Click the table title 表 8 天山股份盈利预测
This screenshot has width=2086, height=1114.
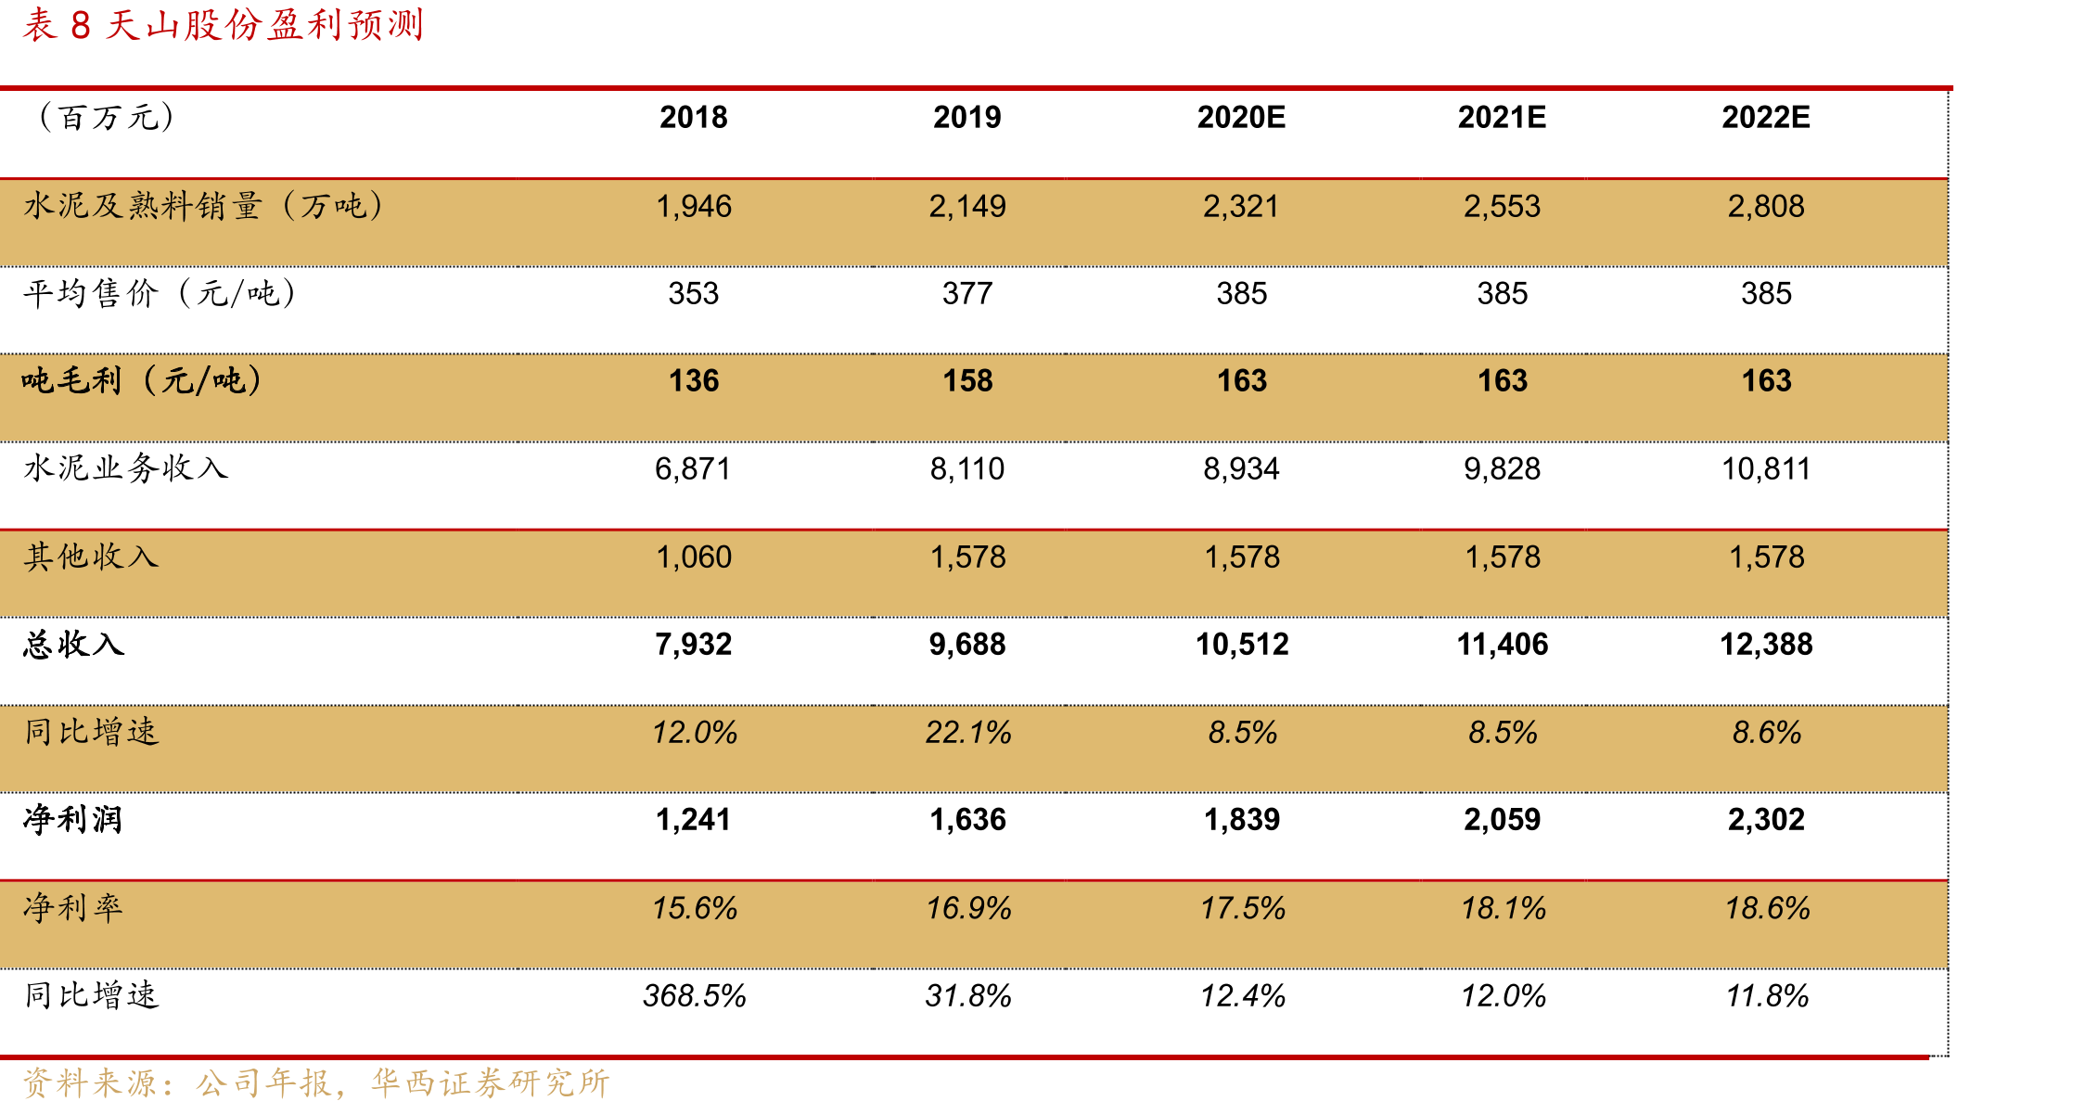(223, 25)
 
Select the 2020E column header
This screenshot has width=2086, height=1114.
(1241, 118)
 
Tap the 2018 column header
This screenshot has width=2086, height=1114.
(693, 118)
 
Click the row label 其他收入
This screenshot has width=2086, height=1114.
(91, 557)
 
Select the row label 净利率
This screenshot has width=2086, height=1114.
(73, 907)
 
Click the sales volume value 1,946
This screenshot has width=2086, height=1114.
(693, 206)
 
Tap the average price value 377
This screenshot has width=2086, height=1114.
(967, 294)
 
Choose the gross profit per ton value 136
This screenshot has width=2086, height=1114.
(693, 381)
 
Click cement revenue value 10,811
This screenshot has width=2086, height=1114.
(1766, 469)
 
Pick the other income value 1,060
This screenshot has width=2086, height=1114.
(693, 557)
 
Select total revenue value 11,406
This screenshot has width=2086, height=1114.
(1502, 645)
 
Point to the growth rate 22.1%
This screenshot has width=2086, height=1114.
(967, 733)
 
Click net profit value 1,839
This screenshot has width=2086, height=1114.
(1241, 820)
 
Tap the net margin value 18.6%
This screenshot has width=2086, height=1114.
(1766, 908)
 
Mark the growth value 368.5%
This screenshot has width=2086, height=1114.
(693, 996)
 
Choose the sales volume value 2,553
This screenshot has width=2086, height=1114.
(1502, 206)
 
